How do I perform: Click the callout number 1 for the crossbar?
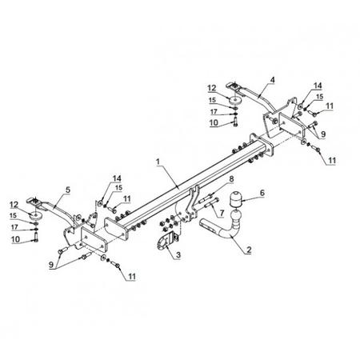(158, 162)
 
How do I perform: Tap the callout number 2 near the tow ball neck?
(249, 250)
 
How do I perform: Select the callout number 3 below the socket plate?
(178, 254)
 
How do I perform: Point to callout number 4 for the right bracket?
(272, 80)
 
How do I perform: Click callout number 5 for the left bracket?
(68, 190)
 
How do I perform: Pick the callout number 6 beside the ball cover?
(262, 193)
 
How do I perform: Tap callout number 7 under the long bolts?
(222, 213)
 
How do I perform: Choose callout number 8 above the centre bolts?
(231, 179)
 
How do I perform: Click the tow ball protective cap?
(235, 199)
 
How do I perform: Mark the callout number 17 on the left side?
(14, 227)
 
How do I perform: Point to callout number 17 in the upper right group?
(214, 112)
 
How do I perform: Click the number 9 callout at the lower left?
(51, 265)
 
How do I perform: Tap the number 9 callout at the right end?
(323, 134)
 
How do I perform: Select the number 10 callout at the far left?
(16, 239)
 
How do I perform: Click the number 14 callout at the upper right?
(318, 86)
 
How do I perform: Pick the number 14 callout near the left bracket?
(117, 178)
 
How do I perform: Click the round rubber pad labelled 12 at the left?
(36, 215)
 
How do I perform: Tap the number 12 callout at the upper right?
(212, 88)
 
